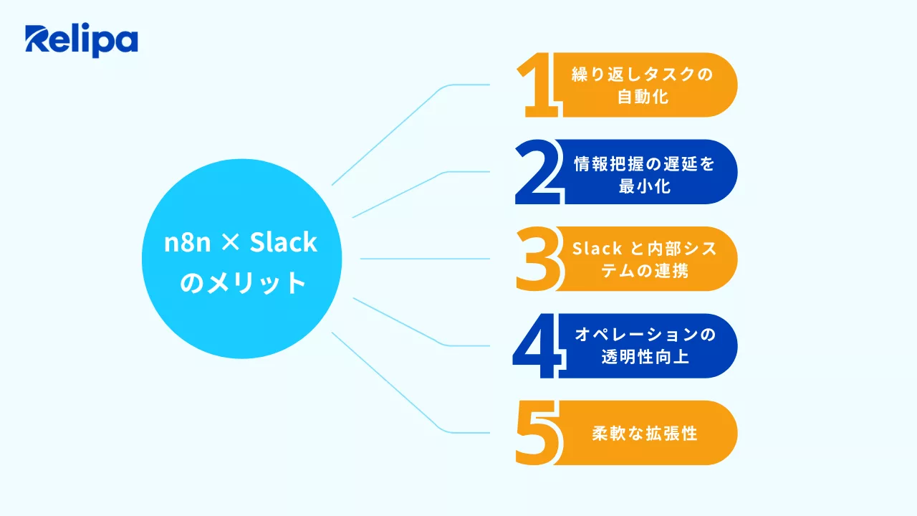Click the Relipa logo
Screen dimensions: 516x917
click(81, 41)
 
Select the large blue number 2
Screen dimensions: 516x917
click(537, 173)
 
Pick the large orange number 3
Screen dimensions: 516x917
click(537, 259)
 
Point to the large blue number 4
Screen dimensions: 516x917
click(538, 346)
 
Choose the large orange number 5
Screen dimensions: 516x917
click(537, 433)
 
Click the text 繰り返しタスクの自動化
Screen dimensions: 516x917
click(643, 85)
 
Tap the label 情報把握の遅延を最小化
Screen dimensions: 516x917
click(644, 173)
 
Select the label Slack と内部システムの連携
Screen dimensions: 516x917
click(644, 259)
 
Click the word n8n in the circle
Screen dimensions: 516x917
click(187, 242)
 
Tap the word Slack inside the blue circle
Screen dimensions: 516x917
click(283, 242)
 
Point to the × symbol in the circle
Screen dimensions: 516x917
click(230, 244)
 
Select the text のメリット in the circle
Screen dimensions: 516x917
click(241, 282)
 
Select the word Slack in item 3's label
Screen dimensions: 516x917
click(597, 248)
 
